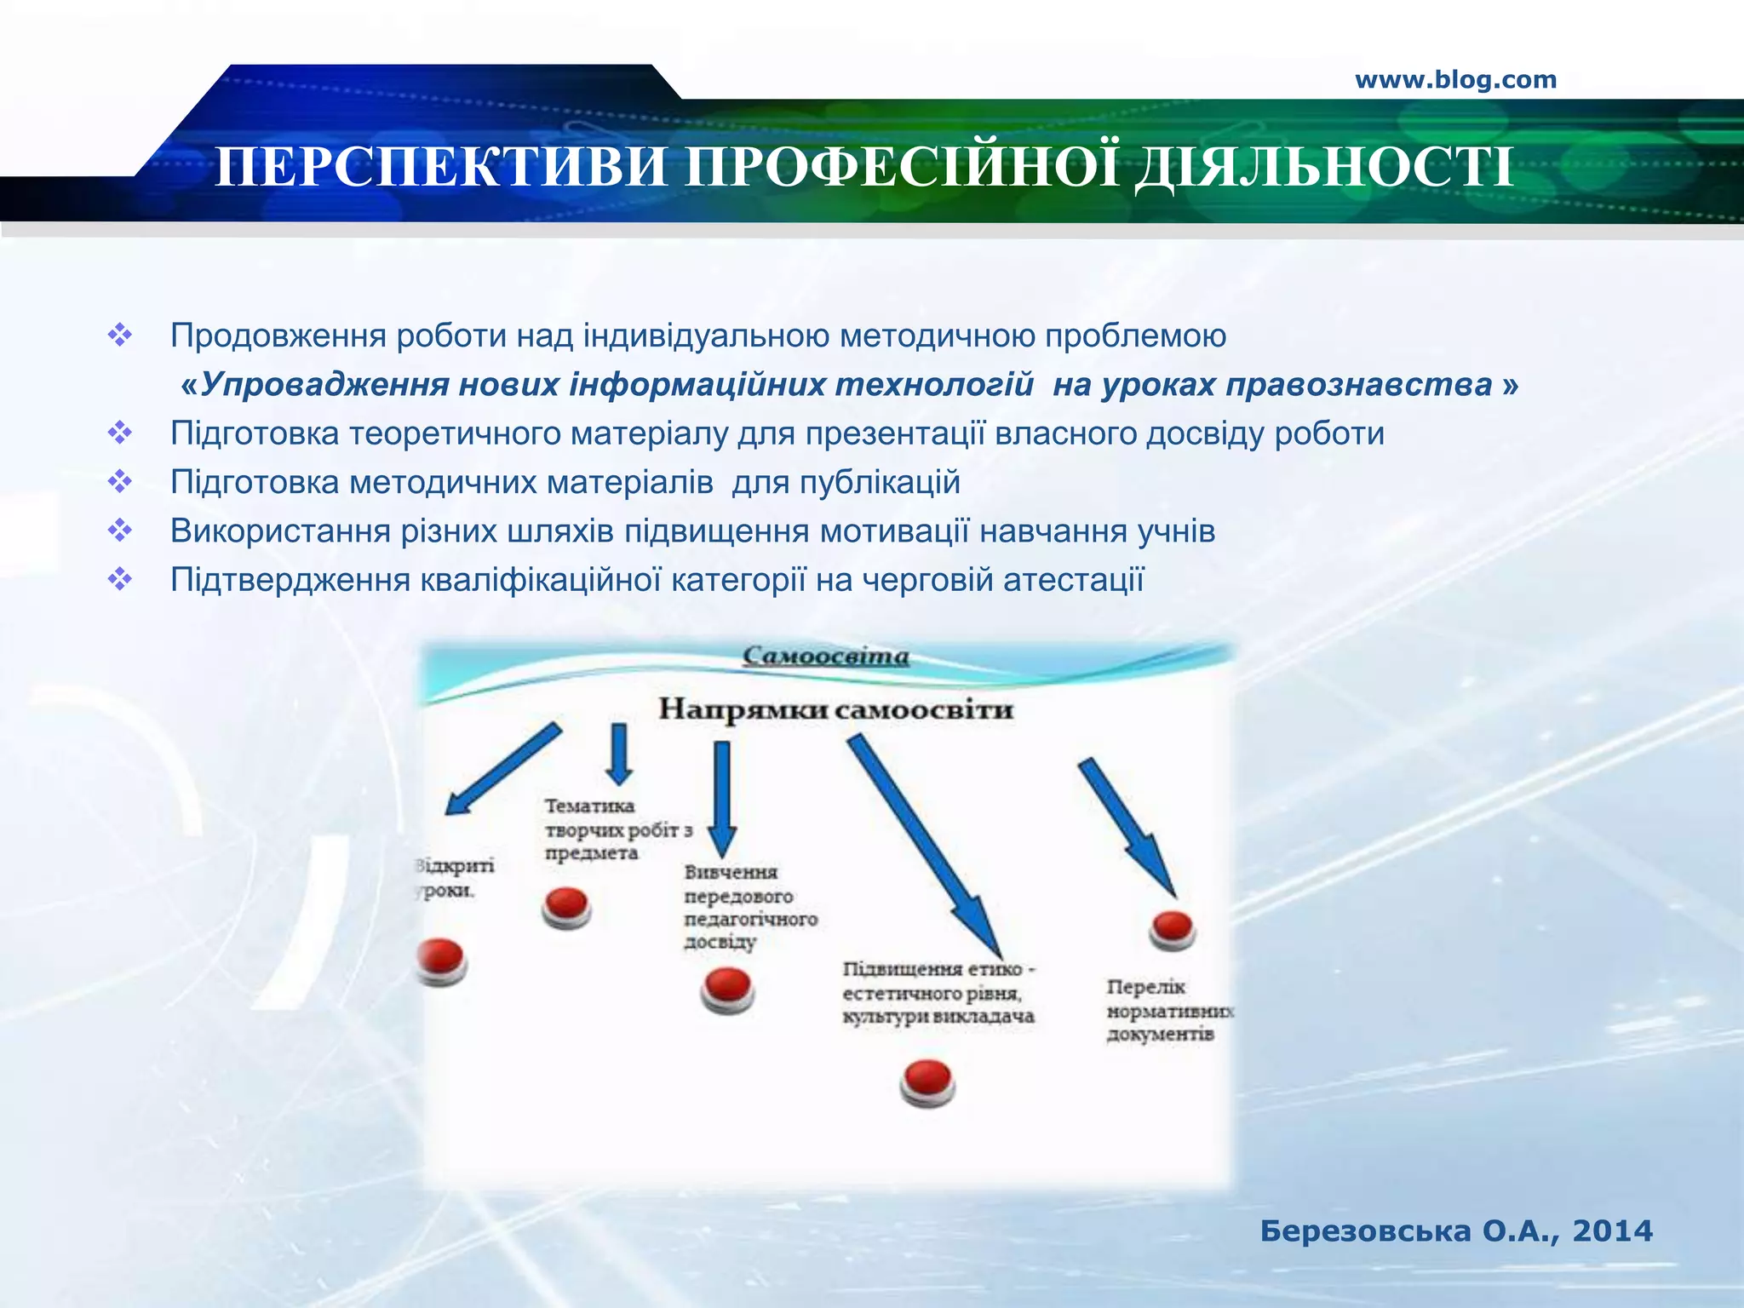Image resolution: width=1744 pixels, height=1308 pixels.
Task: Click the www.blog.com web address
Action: click(x=1455, y=80)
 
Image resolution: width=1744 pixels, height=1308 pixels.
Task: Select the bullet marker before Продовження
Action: click(x=120, y=336)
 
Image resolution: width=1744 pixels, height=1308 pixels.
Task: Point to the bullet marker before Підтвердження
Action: click(x=120, y=580)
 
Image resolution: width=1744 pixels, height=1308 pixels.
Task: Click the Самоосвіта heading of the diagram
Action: click(x=826, y=657)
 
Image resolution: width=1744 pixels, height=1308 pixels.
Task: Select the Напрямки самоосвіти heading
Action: click(x=835, y=709)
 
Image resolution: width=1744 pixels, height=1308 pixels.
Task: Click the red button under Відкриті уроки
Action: click(x=441, y=960)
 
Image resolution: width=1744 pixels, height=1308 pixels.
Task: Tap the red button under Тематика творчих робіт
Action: click(x=566, y=906)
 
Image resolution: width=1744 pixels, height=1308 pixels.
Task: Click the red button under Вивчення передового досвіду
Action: click(x=727, y=990)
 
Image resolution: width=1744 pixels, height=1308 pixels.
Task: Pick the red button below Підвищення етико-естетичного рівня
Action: click(x=927, y=1081)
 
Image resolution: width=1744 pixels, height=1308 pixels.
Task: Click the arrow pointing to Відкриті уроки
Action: click(x=502, y=769)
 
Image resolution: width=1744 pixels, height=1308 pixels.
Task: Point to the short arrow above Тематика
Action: click(x=619, y=753)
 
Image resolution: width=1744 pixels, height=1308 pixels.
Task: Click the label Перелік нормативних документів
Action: click(x=1167, y=1011)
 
